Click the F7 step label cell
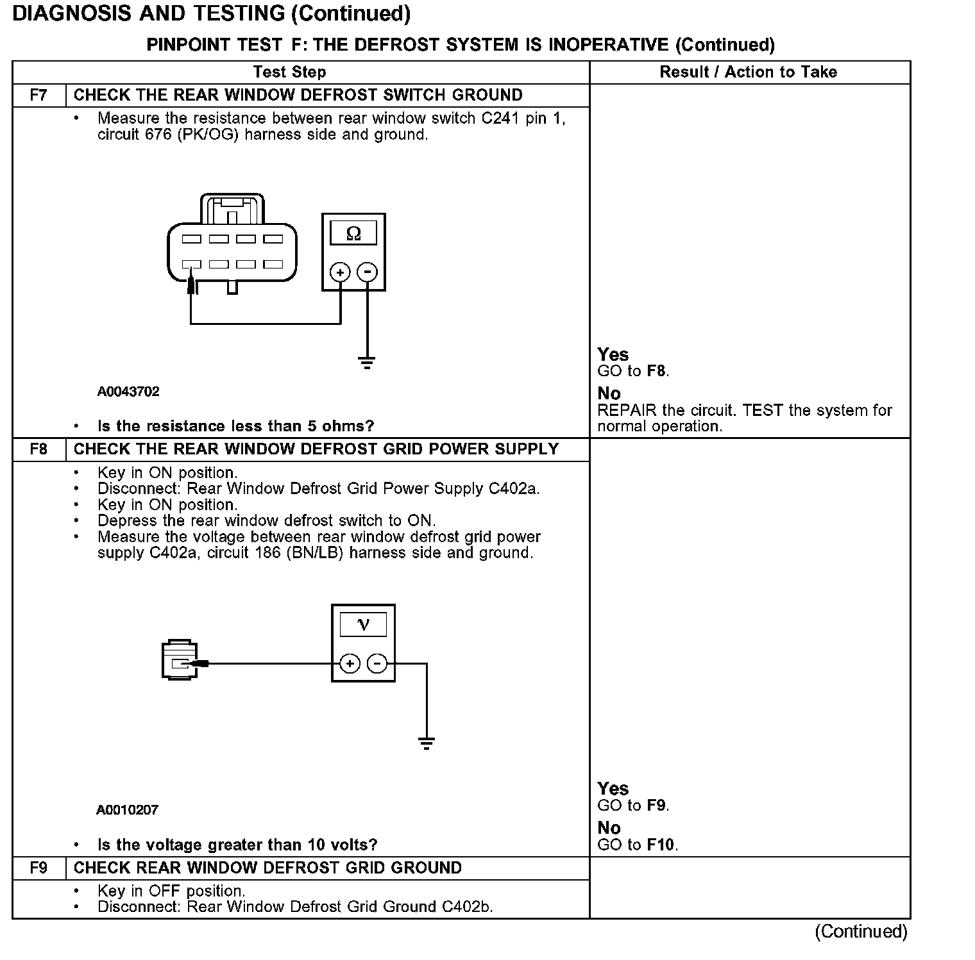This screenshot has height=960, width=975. (38, 95)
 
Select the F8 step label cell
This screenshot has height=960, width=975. (38, 449)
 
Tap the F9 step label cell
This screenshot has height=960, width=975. (38, 868)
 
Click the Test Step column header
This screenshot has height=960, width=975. (289, 72)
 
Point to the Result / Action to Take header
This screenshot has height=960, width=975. (748, 72)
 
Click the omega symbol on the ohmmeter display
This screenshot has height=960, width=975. (353, 233)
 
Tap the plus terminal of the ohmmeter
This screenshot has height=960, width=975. (339, 272)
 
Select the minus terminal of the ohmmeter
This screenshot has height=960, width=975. (367, 272)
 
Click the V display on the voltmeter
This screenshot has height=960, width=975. (363, 624)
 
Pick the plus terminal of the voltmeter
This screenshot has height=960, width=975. (350, 663)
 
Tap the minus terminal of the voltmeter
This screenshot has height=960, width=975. (377, 663)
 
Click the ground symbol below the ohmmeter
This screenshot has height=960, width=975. (367, 363)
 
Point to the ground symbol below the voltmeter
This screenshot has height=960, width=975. (426, 743)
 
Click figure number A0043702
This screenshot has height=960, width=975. (128, 392)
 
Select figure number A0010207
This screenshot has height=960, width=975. (127, 810)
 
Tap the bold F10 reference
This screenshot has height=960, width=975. (661, 845)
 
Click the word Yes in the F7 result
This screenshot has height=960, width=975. (613, 354)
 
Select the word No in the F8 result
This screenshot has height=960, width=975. (609, 828)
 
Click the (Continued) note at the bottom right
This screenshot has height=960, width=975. (861, 931)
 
